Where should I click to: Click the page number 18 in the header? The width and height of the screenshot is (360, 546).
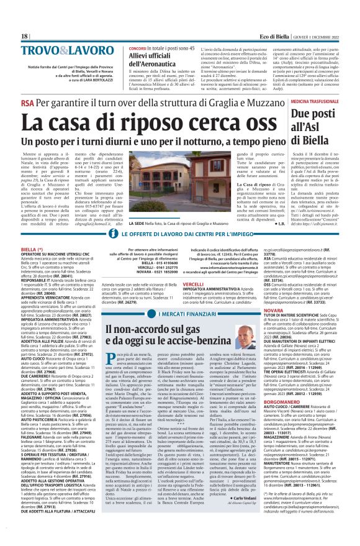tap(25, 37)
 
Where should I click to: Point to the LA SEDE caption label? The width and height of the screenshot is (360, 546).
tap(138, 221)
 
